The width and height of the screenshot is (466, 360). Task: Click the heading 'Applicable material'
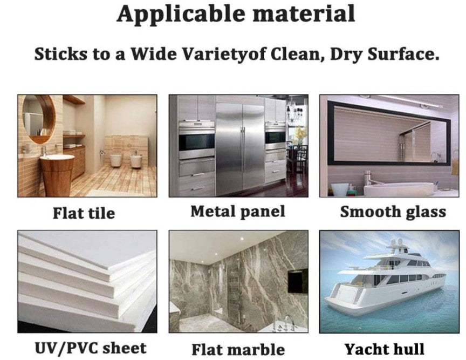pyautogui.click(x=236, y=14)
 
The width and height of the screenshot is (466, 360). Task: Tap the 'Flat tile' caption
pyautogui.click(x=84, y=213)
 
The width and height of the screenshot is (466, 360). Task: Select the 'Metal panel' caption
pyautogui.click(x=238, y=212)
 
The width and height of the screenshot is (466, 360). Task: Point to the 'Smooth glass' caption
pyautogui.click(x=393, y=212)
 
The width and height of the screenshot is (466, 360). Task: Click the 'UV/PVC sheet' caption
pyautogui.click(x=91, y=348)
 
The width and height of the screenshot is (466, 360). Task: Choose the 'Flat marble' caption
pyautogui.click(x=238, y=349)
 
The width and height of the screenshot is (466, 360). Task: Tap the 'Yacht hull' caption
pyautogui.click(x=385, y=349)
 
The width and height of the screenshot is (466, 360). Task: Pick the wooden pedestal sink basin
pyautogui.click(x=57, y=175)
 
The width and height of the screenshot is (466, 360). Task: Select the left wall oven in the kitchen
pyautogui.click(x=196, y=140)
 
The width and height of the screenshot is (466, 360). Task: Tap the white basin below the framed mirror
pyautogui.click(x=399, y=188)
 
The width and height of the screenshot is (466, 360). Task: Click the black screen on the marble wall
pyautogui.click(x=298, y=280)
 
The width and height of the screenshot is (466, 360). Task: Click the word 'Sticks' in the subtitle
pyautogui.click(x=61, y=54)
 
